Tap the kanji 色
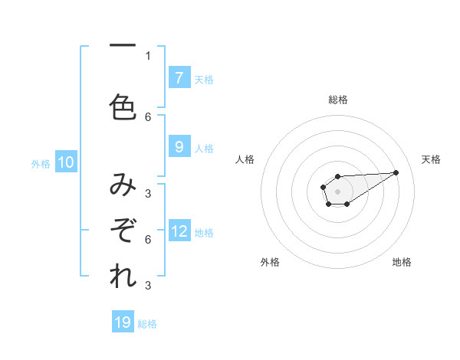pyautogui.click(x=123, y=106)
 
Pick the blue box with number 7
pyautogui.click(x=179, y=77)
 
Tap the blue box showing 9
pyautogui.click(x=179, y=147)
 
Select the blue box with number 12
pyautogui.click(x=179, y=231)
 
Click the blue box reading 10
pyautogui.click(x=66, y=162)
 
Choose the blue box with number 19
pyautogui.click(x=123, y=322)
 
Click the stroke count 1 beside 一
pyautogui.click(x=148, y=55)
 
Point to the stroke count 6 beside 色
pyautogui.click(x=148, y=116)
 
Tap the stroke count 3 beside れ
pyautogui.click(x=148, y=286)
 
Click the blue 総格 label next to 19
pyautogui.click(x=148, y=324)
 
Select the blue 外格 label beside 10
pyautogui.click(x=41, y=163)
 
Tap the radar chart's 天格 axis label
pyautogui.click(x=431, y=159)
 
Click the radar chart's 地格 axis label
pyautogui.click(x=402, y=262)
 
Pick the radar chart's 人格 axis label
pyautogui.click(x=245, y=159)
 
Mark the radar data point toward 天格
pyautogui.click(x=396, y=172)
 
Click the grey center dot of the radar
pyautogui.click(x=337, y=190)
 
